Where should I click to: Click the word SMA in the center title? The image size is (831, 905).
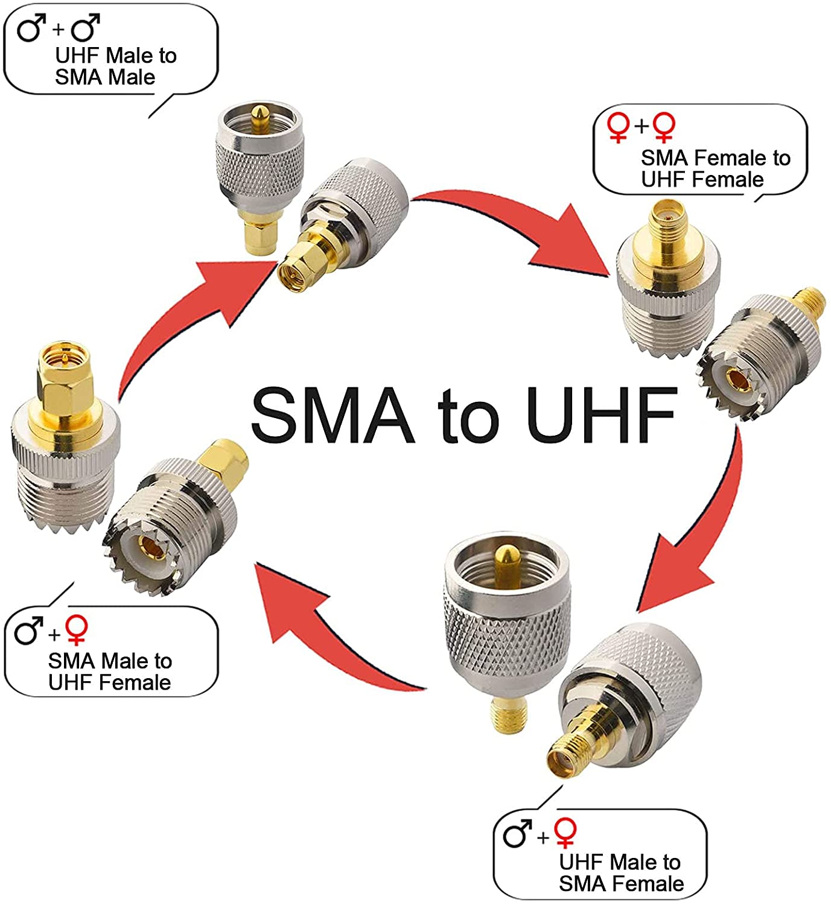tap(333, 414)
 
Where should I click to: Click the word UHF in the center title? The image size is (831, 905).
tap(601, 414)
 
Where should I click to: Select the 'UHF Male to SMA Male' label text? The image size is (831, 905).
tap(115, 66)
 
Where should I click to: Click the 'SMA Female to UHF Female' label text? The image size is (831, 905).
tap(715, 168)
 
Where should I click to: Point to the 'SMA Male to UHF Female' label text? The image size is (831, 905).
tap(110, 672)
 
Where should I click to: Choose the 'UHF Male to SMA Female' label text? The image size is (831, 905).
tap(621, 872)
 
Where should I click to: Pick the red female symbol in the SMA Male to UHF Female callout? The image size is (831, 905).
tap(77, 629)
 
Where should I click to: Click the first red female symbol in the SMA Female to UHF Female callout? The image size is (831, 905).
tap(619, 127)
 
